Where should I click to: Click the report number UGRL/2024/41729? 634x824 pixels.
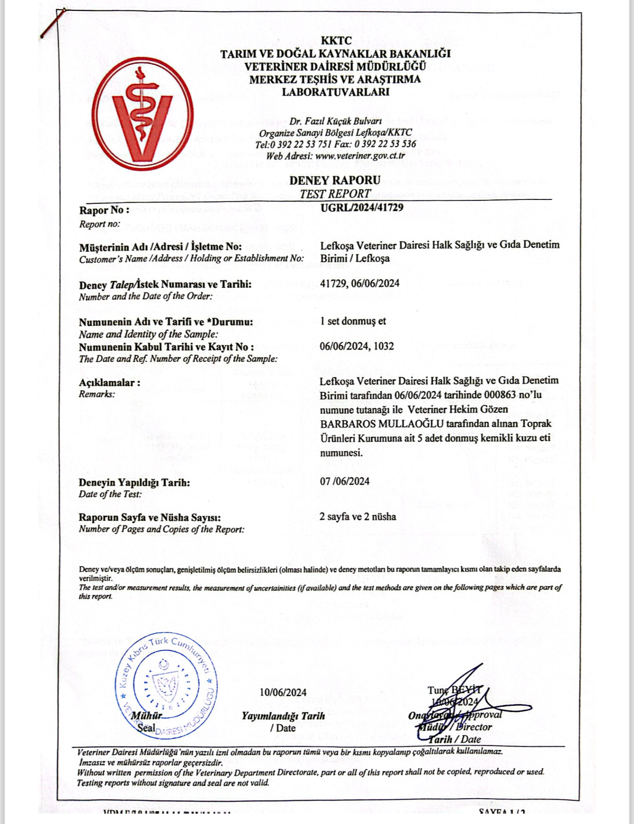[361, 207]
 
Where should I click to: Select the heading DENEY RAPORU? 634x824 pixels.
[335, 180]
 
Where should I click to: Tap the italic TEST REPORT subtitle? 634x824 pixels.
[335, 194]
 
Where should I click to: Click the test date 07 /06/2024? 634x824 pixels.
[344, 481]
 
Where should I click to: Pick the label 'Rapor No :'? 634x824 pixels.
[104, 210]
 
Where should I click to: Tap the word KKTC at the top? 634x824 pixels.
[336, 41]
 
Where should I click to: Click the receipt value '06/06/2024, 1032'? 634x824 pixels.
[357, 346]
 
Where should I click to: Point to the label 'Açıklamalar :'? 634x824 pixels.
[110, 383]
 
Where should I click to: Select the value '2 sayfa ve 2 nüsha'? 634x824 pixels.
[357, 517]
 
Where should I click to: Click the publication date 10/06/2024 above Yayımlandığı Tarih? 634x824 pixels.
[283, 692]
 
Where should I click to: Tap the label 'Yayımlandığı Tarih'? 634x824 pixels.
[283, 716]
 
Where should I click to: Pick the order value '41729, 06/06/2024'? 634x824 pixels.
[359, 283]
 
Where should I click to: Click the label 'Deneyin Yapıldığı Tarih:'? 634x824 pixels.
[134, 483]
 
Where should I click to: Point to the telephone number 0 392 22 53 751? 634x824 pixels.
[301, 145]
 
